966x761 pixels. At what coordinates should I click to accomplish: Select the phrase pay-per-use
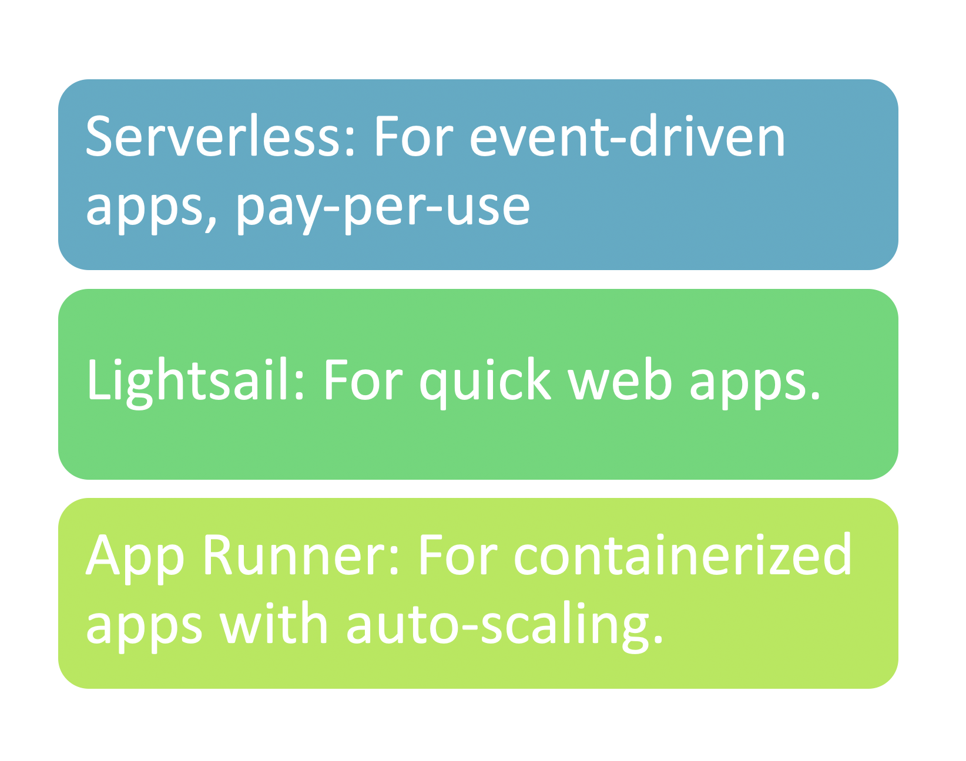point(383,209)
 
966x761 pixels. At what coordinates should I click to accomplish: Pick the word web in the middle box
point(620,379)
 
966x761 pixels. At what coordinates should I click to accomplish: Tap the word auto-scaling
point(498,627)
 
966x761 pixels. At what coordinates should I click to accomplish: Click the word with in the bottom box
point(274,623)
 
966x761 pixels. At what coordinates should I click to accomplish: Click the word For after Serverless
point(414,136)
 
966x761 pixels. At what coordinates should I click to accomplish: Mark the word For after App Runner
point(458,554)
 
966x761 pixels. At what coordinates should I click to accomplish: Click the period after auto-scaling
point(659,639)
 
